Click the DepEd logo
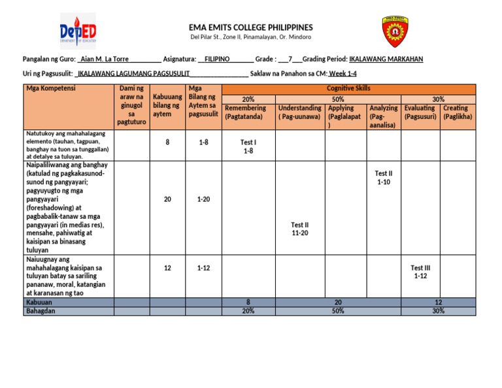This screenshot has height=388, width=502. tap(78, 31)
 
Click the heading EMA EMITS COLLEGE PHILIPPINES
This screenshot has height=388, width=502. tap(251, 27)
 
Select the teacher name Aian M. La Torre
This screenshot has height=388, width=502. tap(103, 59)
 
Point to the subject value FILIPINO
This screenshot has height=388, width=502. tap(217, 59)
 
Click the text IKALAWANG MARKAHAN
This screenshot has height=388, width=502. tap(386, 59)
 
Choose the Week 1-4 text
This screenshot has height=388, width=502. tap(343, 74)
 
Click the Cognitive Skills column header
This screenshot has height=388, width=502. tap(348, 88)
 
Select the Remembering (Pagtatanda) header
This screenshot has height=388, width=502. tap(244, 112)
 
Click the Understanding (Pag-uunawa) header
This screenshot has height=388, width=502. tap(299, 112)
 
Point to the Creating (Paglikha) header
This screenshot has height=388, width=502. tap(457, 112)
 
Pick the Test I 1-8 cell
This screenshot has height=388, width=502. tap(248, 147)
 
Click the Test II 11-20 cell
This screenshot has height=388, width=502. tap(300, 229)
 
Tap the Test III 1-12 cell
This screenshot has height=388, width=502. tap(420, 272)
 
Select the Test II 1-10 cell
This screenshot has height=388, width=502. tap(384, 178)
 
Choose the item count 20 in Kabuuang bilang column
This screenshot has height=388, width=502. tap(167, 199)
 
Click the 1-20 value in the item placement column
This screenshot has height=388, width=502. tap(203, 199)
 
